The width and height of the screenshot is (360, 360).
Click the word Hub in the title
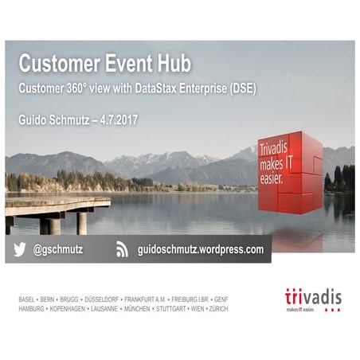[171, 63]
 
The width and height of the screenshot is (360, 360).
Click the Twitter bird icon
[19, 249]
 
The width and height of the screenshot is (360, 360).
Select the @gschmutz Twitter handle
[58, 249]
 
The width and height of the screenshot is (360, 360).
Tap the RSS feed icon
[122, 249]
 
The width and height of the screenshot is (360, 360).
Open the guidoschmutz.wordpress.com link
[200, 249]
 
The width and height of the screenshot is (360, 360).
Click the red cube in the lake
[288, 174]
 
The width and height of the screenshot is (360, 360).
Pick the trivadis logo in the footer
[312, 299]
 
